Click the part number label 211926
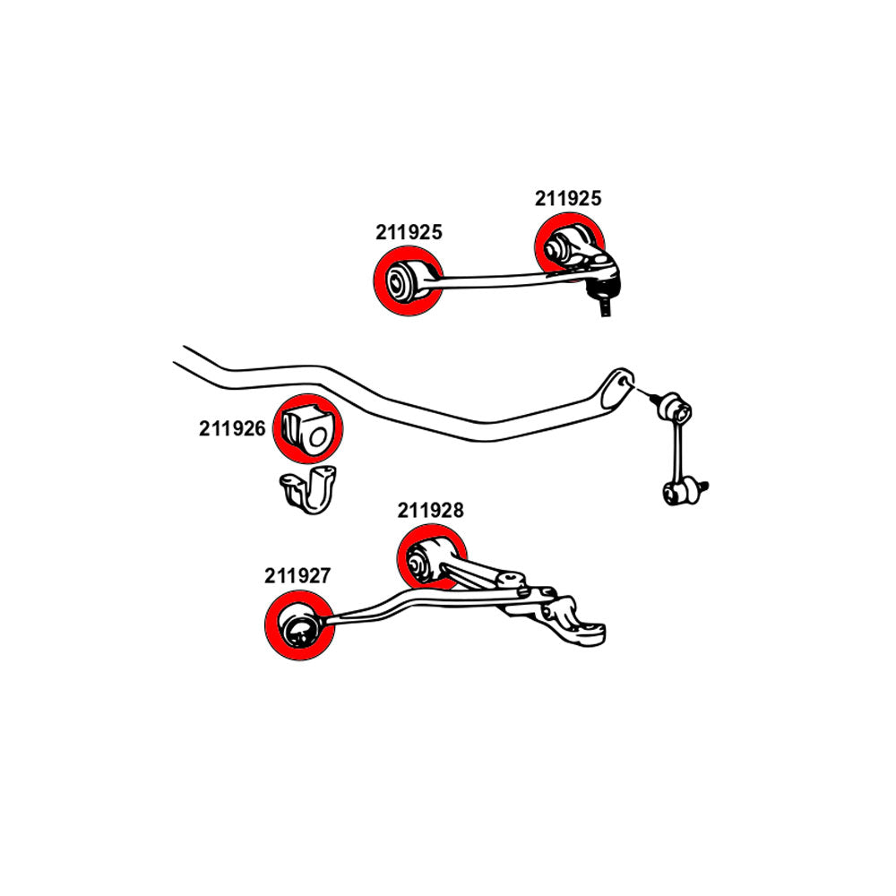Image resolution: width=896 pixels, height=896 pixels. (x=232, y=428)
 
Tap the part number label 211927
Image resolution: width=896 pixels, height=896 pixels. (x=297, y=576)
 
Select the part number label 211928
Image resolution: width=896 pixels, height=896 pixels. (x=431, y=511)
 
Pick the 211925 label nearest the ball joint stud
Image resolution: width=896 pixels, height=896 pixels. (x=568, y=199)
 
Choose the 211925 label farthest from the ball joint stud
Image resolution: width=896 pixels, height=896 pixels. (x=409, y=232)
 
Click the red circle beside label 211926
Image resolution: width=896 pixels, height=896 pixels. (x=307, y=428)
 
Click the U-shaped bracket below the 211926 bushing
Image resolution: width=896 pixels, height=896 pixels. (x=310, y=490)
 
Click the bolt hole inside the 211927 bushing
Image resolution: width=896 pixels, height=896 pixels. (x=296, y=633)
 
